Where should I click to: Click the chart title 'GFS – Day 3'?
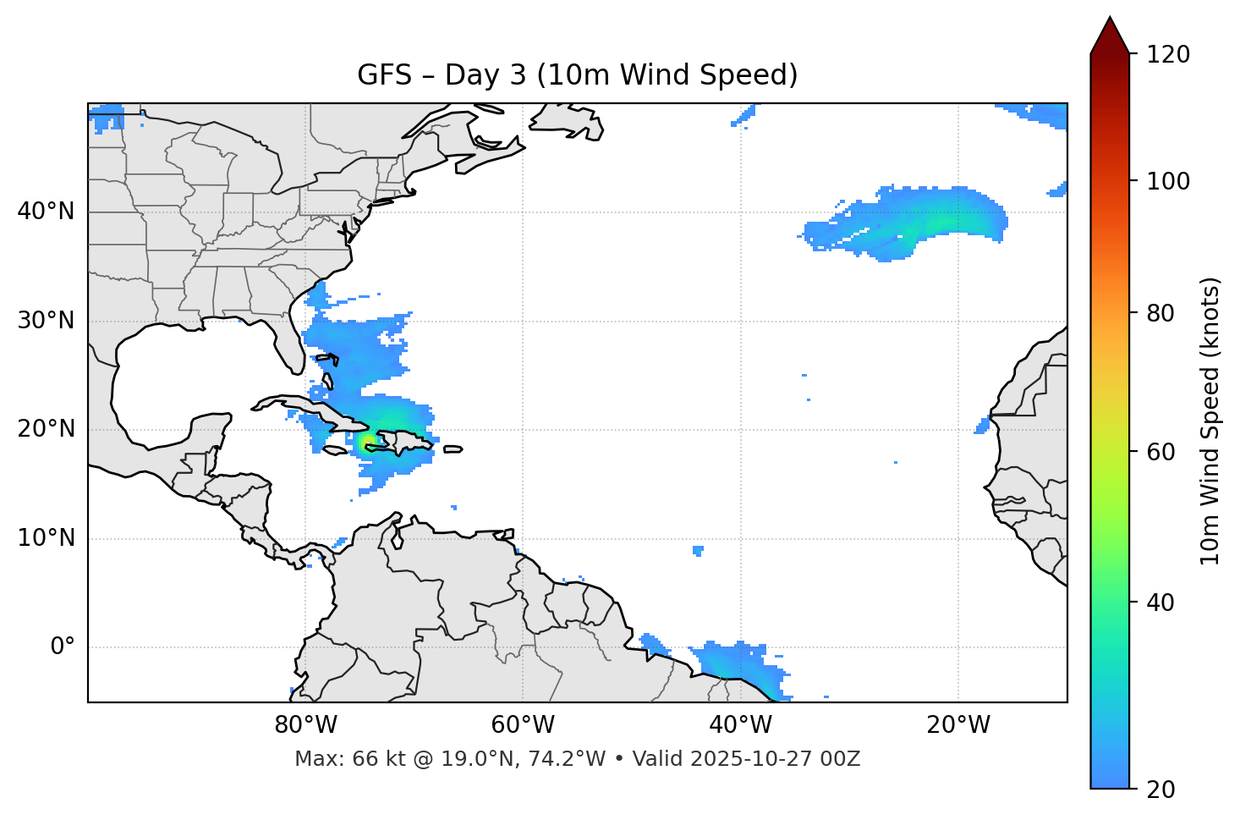tap(577, 75)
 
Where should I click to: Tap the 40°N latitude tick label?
tap(46, 212)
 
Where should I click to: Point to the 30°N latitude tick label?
tap(46, 321)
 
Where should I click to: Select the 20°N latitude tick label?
tap(46, 429)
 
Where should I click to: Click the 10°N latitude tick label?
tap(46, 538)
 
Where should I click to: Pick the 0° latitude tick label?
tap(63, 647)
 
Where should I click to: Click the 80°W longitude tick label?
tap(305, 725)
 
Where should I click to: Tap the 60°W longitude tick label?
tap(523, 725)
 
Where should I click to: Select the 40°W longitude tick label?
tap(740, 725)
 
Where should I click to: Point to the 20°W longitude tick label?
tap(957, 725)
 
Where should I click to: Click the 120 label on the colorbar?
tap(1168, 55)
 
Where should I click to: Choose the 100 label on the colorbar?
tap(1168, 181)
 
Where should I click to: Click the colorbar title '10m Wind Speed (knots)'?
tap(1210, 421)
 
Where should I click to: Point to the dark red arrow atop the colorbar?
tap(1110, 36)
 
